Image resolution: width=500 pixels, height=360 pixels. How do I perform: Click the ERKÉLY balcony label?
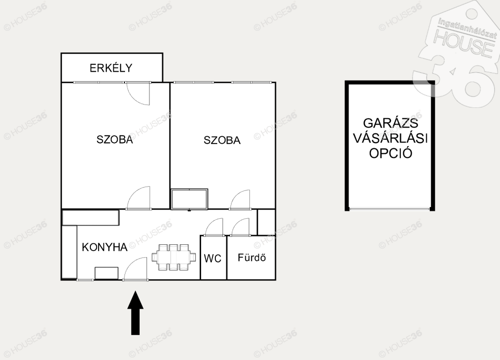111,67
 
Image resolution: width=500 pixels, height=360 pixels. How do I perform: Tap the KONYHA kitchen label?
104,247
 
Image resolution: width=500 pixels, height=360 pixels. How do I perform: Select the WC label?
213,258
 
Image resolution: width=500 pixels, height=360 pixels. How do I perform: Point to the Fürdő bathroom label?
251,257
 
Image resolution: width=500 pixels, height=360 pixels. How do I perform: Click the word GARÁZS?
391,123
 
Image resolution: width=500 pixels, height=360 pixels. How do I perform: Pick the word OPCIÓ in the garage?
391,153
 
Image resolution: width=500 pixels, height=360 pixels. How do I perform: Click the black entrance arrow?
136,313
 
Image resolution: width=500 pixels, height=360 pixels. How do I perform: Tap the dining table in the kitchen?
174,257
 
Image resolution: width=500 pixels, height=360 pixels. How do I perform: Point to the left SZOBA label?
114,140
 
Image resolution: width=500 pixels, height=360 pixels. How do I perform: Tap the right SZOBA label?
222,140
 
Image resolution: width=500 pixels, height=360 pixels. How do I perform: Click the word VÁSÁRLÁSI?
391,138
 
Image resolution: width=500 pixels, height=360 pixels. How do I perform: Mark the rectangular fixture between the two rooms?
189,199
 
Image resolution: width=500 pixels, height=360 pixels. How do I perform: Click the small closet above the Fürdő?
266,222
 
